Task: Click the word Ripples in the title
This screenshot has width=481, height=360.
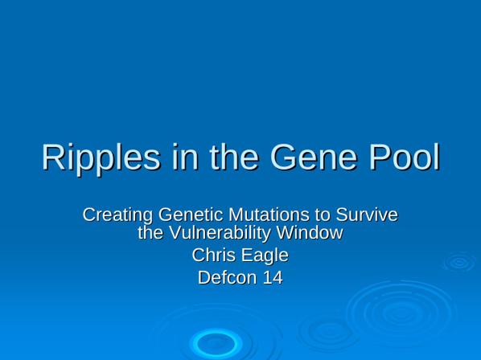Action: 101,158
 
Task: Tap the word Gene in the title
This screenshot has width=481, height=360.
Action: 314,157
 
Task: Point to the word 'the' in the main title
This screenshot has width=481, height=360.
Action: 234,157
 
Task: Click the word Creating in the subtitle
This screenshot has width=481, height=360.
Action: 117,215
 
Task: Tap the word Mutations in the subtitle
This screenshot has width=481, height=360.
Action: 269,215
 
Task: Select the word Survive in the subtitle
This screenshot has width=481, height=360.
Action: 367,215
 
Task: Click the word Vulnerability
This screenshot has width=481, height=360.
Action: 220,234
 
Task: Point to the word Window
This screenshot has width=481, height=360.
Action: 309,232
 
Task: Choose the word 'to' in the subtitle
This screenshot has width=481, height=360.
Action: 323,215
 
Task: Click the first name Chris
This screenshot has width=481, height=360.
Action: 210,256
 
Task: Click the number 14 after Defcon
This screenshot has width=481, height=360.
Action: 273,277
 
